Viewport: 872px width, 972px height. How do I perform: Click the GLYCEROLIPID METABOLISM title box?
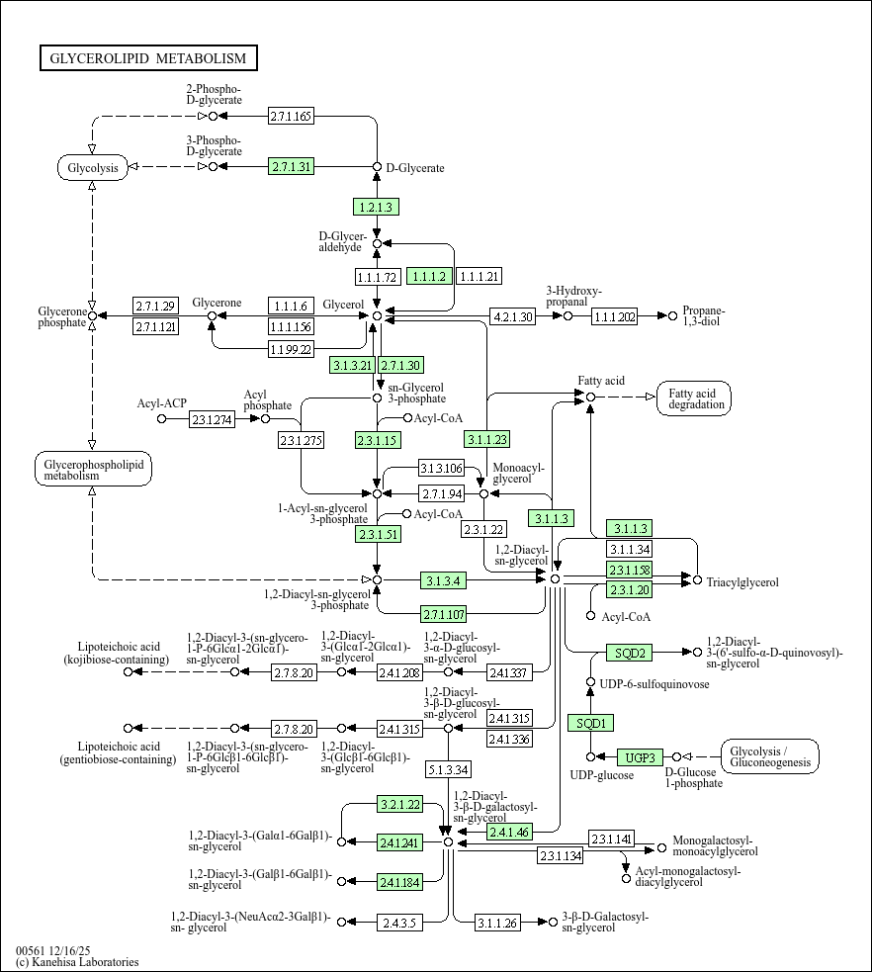pos(148,58)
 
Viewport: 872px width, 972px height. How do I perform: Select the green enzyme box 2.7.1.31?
pos(292,166)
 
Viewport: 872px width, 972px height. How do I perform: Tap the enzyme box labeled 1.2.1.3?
pos(376,207)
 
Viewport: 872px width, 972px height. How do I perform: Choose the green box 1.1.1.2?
pos(431,276)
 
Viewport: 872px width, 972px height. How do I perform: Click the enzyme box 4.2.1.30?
pos(513,316)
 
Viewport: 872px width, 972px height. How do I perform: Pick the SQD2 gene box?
pos(630,653)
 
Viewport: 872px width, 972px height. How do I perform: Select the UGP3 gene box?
pos(640,757)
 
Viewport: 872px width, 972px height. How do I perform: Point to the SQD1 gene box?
pos(590,722)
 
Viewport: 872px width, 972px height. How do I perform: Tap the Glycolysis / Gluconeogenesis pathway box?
pos(770,756)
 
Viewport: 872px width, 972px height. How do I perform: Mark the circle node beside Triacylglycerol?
pos(697,580)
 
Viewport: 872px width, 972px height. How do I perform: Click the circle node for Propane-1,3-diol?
pos(673,316)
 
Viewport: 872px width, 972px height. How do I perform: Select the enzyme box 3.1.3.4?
pos(445,579)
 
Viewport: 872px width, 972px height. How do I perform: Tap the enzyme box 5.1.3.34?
pos(449,768)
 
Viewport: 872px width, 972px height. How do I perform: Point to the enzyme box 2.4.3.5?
pos(400,923)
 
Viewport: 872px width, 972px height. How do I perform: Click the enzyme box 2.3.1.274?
pos(213,419)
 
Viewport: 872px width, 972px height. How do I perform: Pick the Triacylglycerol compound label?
pos(742,582)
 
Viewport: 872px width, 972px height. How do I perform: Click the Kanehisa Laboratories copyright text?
pos(77,962)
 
